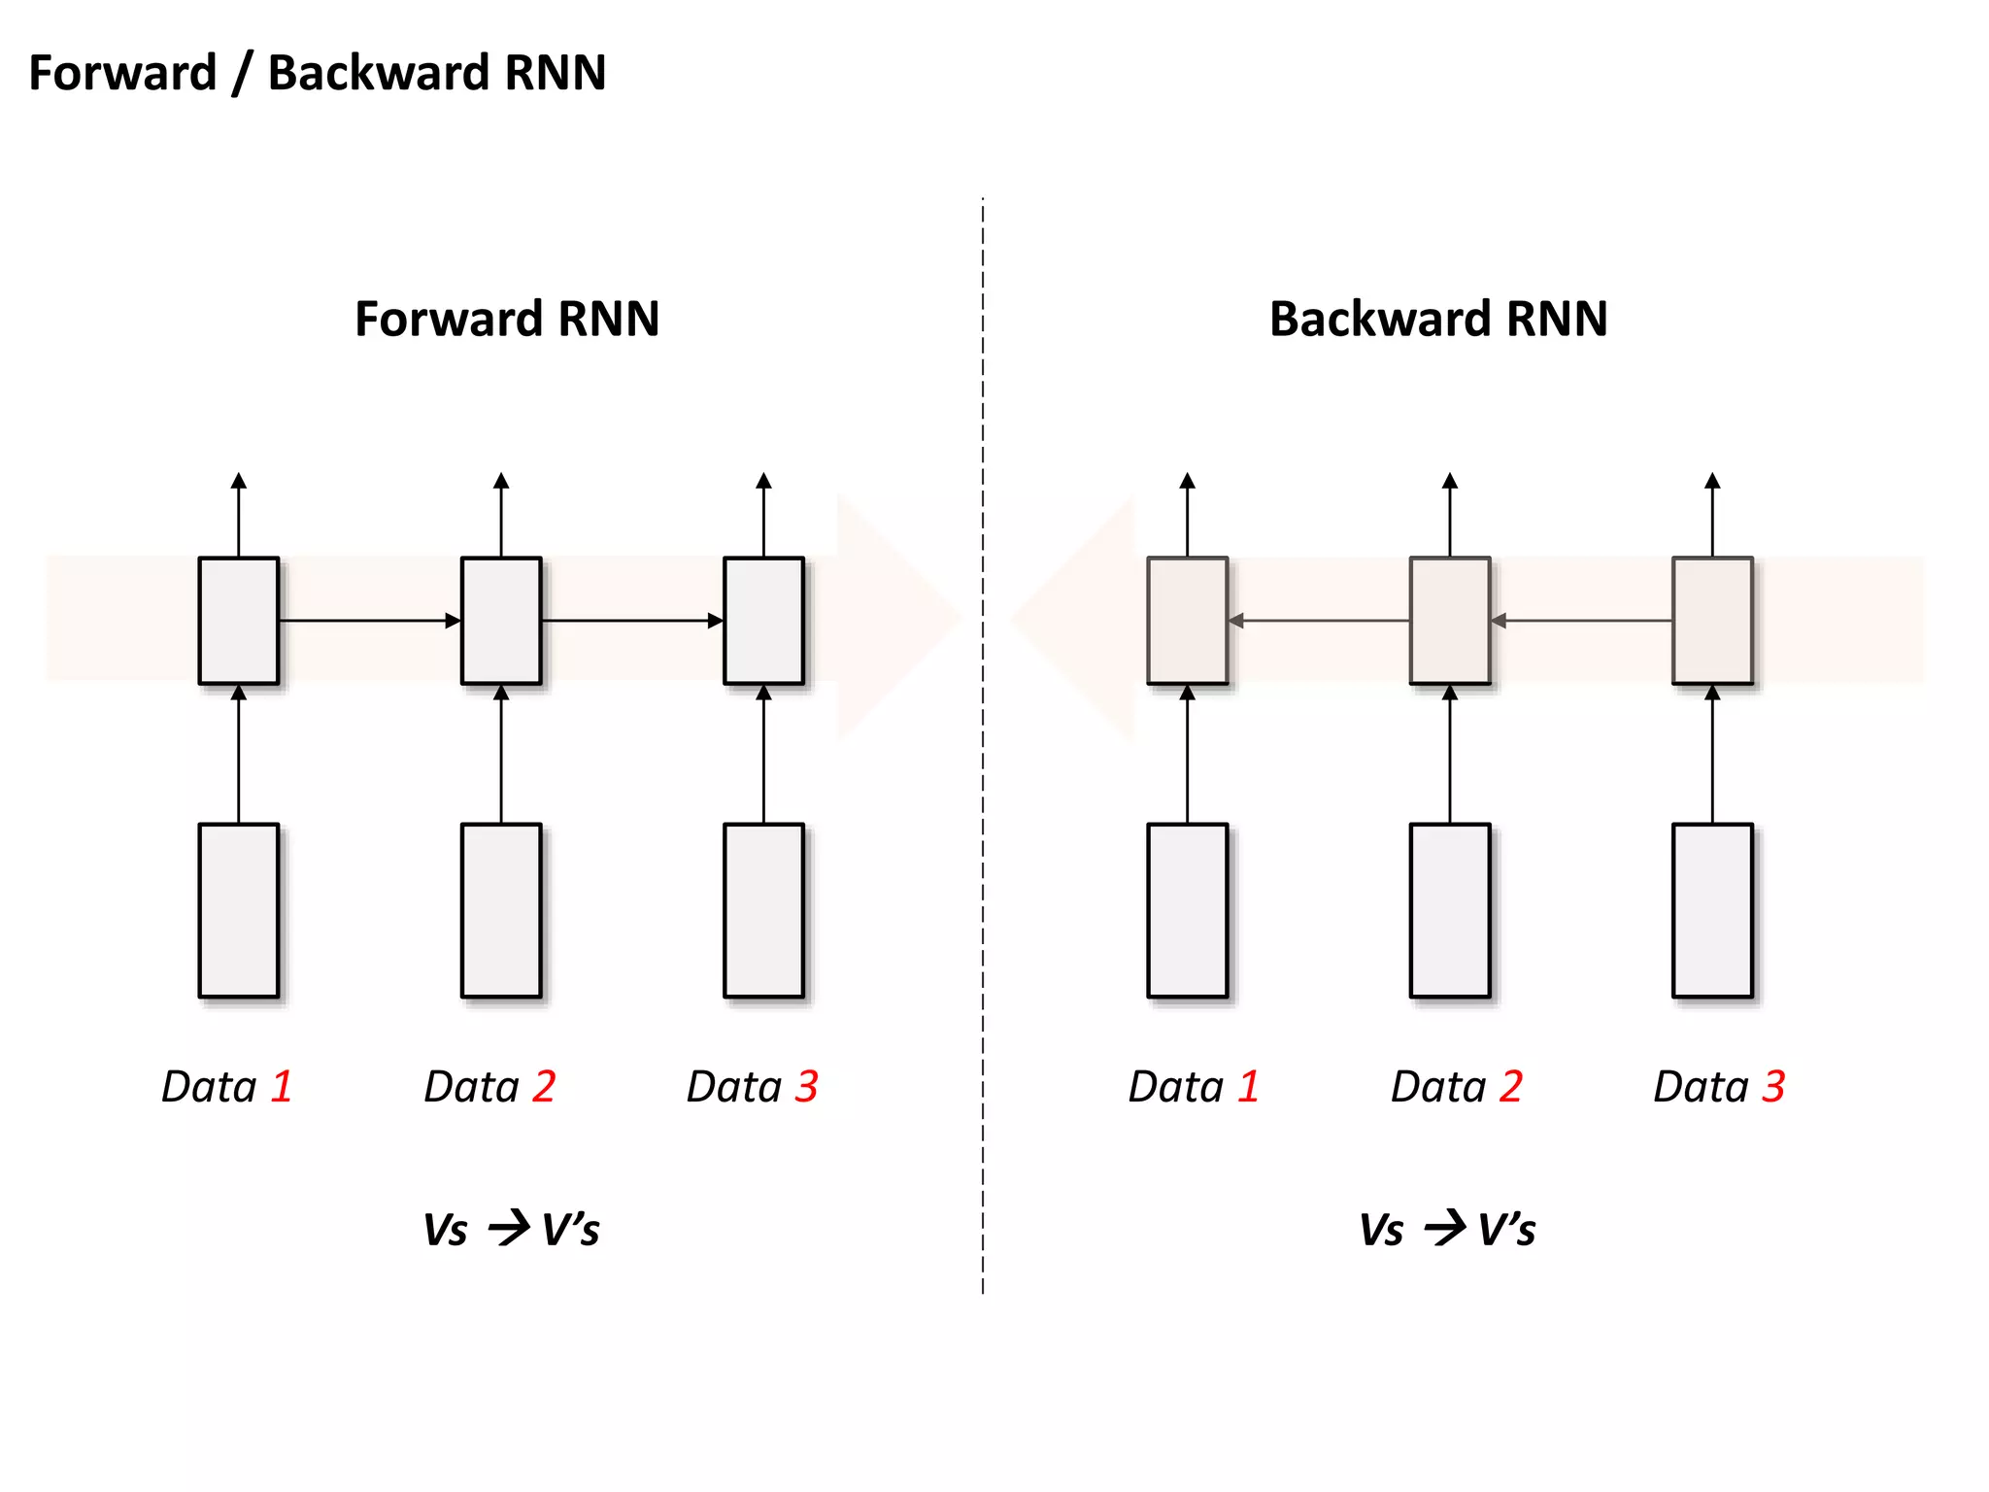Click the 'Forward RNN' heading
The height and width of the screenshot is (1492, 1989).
point(507,319)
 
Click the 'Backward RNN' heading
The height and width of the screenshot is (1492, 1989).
point(1438,319)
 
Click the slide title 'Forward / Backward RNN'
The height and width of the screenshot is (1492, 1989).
point(318,73)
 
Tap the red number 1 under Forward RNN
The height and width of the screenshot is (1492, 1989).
point(282,1086)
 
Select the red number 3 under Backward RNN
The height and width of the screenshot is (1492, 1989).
point(1773,1086)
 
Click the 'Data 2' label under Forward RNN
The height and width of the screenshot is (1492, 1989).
point(489,1086)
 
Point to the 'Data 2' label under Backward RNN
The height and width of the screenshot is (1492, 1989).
point(1456,1086)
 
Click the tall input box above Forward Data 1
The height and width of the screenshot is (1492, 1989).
point(239,910)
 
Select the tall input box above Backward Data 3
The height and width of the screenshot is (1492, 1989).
point(1712,910)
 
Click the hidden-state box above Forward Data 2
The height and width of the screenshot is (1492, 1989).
point(501,621)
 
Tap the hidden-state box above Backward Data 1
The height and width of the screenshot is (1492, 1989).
point(1187,621)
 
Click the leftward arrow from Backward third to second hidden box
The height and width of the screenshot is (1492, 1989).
point(1581,620)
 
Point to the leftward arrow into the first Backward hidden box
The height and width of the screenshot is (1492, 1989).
point(1319,620)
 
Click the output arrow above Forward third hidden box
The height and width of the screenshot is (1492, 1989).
point(763,515)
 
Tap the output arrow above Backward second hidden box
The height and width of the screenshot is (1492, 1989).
point(1450,515)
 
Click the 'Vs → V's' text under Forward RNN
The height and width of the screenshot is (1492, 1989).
point(511,1229)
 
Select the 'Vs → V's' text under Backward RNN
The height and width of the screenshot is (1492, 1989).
point(1447,1229)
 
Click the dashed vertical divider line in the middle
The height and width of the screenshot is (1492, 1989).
point(983,874)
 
